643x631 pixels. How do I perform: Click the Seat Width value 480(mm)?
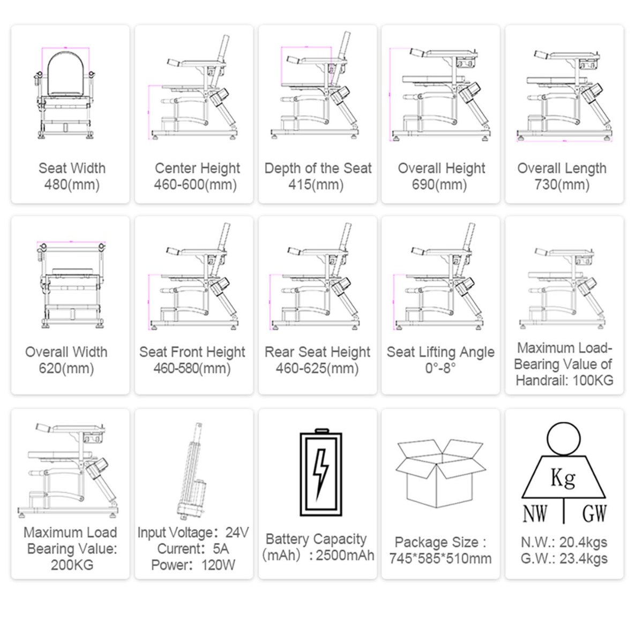pyautogui.click(x=71, y=185)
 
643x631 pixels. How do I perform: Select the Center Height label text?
pyautogui.click(x=197, y=168)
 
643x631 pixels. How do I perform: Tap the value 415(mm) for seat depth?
pyautogui.click(x=317, y=185)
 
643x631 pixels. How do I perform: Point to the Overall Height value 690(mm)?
pyautogui.click(x=441, y=185)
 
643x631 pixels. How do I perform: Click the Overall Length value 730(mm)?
pyautogui.click(x=562, y=185)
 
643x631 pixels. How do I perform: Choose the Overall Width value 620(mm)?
pyautogui.click(x=66, y=369)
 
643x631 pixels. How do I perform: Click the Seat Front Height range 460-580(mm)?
pyautogui.click(x=192, y=369)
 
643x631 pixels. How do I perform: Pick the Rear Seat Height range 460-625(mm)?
pyautogui.click(x=317, y=369)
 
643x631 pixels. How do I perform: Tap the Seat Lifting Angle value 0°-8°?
pyautogui.click(x=440, y=369)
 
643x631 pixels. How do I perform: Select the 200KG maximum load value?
pyautogui.click(x=72, y=565)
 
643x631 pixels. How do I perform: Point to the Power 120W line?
pyautogui.click(x=193, y=565)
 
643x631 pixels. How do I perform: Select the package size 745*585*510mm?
pyautogui.click(x=440, y=559)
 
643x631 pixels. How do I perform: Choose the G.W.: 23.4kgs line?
pyautogui.click(x=564, y=559)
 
